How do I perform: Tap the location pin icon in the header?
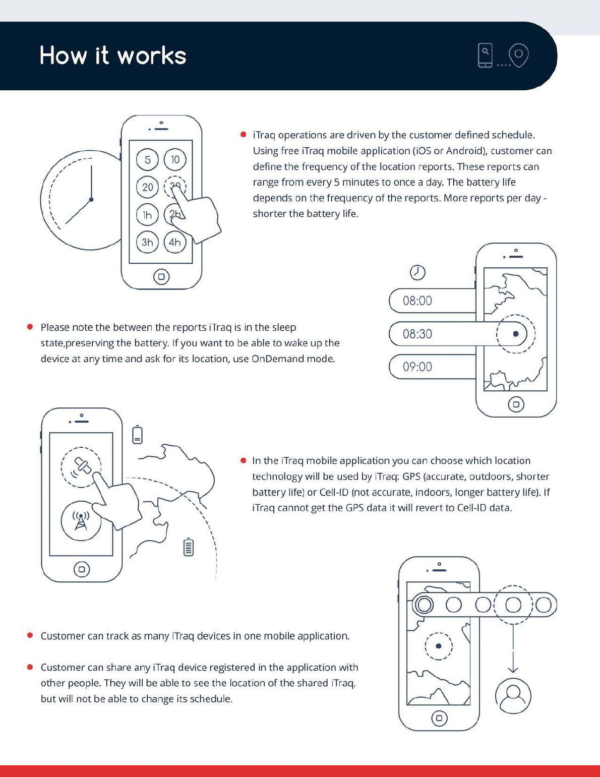coord(518,54)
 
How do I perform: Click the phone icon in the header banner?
coord(485,55)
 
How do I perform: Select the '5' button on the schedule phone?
coord(147,160)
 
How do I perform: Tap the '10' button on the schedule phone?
coord(175,160)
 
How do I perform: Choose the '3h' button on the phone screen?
coord(147,243)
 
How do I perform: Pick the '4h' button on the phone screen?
coord(175,243)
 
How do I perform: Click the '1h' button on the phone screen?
coord(147,215)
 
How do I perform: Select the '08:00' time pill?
coord(417,301)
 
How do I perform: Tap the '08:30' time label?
coord(417,334)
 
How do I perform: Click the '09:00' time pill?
coord(417,367)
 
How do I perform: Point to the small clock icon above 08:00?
coord(417,272)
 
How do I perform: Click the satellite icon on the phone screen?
coord(81,467)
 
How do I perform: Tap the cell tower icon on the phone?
coord(81,521)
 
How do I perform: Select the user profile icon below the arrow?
coord(513,696)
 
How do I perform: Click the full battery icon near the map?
coord(189,547)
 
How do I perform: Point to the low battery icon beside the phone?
coord(137,435)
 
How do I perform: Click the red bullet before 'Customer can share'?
coord(30,667)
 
